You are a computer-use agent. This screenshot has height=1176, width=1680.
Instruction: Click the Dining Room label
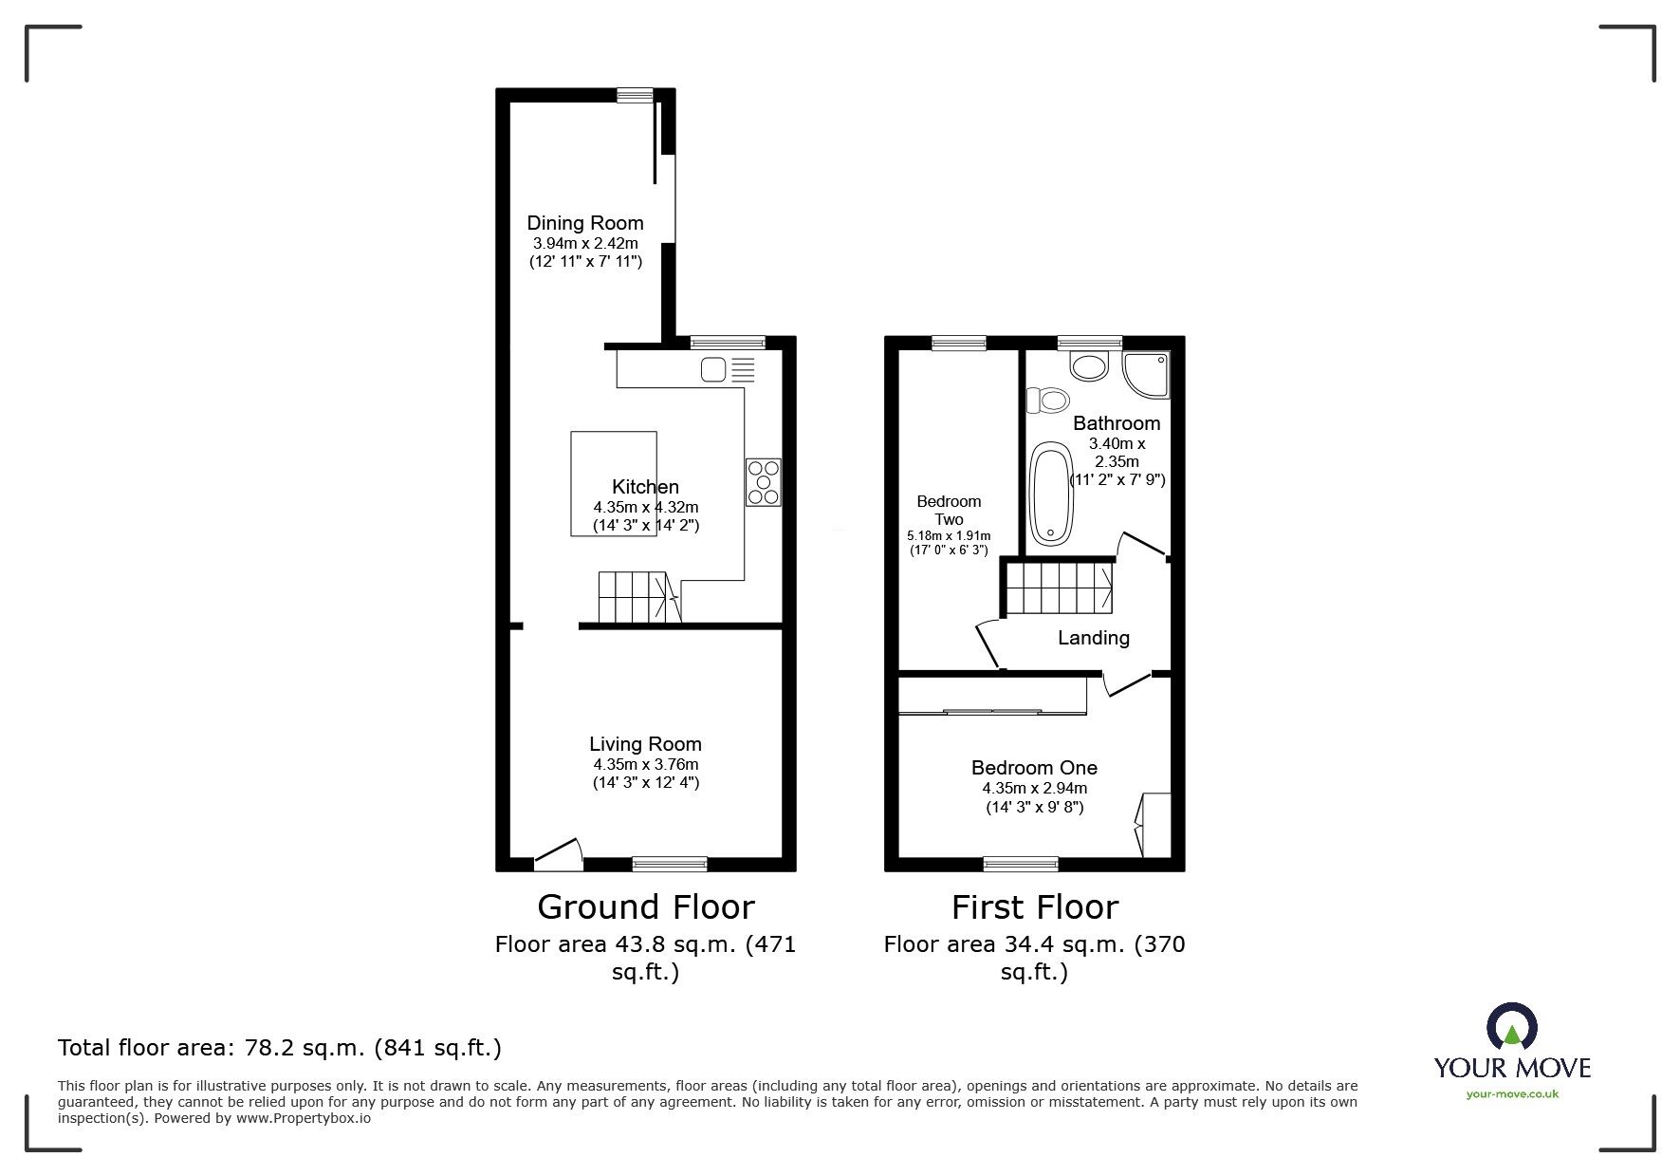584,223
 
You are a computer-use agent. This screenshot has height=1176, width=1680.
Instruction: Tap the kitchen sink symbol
728,369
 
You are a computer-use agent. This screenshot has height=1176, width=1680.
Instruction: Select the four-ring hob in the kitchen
763,481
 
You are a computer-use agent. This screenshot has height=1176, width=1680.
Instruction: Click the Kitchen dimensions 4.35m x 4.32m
645,507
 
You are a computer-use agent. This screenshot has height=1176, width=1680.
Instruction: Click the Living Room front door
559,855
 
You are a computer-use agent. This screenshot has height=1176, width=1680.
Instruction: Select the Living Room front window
669,863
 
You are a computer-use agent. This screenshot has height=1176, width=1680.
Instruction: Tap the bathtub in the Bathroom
1050,493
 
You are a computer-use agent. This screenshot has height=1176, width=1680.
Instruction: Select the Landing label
1093,638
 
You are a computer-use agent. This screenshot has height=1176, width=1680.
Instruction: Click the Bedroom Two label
949,510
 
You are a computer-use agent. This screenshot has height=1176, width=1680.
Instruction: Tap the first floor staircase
1059,588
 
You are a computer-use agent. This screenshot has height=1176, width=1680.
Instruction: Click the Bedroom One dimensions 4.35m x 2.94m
1034,788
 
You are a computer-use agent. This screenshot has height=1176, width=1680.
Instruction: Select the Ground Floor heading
645,906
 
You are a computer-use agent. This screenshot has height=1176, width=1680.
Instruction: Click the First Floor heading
1034,906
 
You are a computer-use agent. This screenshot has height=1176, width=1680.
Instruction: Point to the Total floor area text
280,1048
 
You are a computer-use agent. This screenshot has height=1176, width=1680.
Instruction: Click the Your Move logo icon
1511,1027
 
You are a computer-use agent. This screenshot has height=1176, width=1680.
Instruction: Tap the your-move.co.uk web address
1512,1093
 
